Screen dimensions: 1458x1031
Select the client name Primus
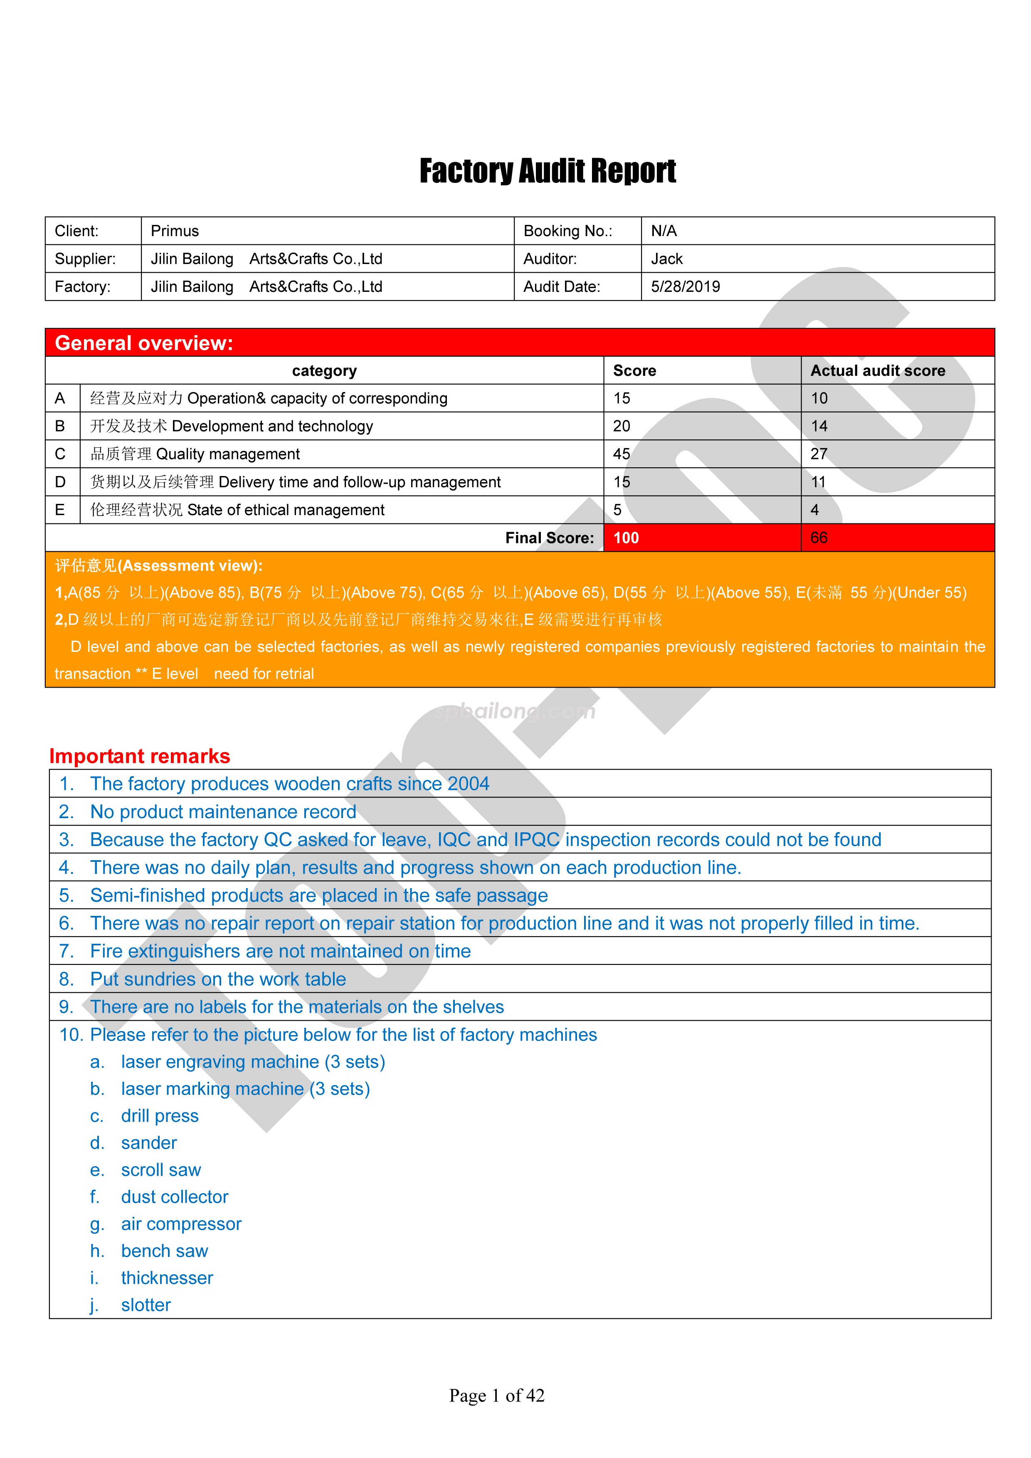coord(175,231)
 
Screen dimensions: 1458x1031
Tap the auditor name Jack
coord(666,259)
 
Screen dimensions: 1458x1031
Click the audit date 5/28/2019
coord(685,287)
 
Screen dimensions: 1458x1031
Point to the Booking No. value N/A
coord(663,231)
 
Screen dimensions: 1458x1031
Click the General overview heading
coord(144,343)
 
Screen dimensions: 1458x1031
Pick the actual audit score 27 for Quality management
coord(819,454)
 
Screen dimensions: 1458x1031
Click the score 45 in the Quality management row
coord(622,454)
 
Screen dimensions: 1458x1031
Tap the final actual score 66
coord(819,538)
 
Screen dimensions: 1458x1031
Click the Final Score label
coord(549,538)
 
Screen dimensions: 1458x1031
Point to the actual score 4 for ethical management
coord(814,510)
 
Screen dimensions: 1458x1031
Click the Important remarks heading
coord(140,756)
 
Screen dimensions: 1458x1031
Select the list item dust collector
coord(175,1197)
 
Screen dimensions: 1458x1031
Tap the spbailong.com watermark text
coord(515,711)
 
